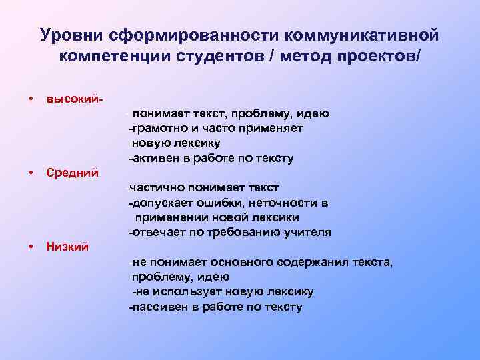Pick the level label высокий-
coord(75,99)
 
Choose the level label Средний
coord(73,173)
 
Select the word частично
coord(157,188)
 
